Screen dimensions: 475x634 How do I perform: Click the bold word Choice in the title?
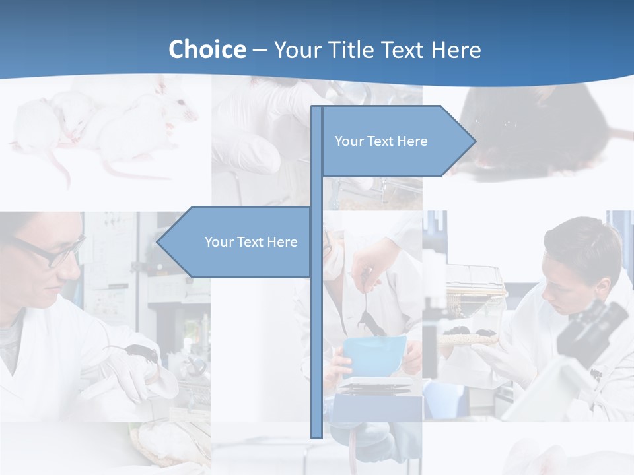pos(207,49)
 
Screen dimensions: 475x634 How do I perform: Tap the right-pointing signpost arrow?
pos(396,141)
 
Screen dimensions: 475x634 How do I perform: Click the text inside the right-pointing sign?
pos(381,141)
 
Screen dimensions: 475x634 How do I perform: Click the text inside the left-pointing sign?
pos(251,242)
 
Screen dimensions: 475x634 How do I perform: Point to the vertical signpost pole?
pos(316,330)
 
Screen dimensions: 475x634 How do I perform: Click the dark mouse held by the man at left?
pos(142,353)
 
